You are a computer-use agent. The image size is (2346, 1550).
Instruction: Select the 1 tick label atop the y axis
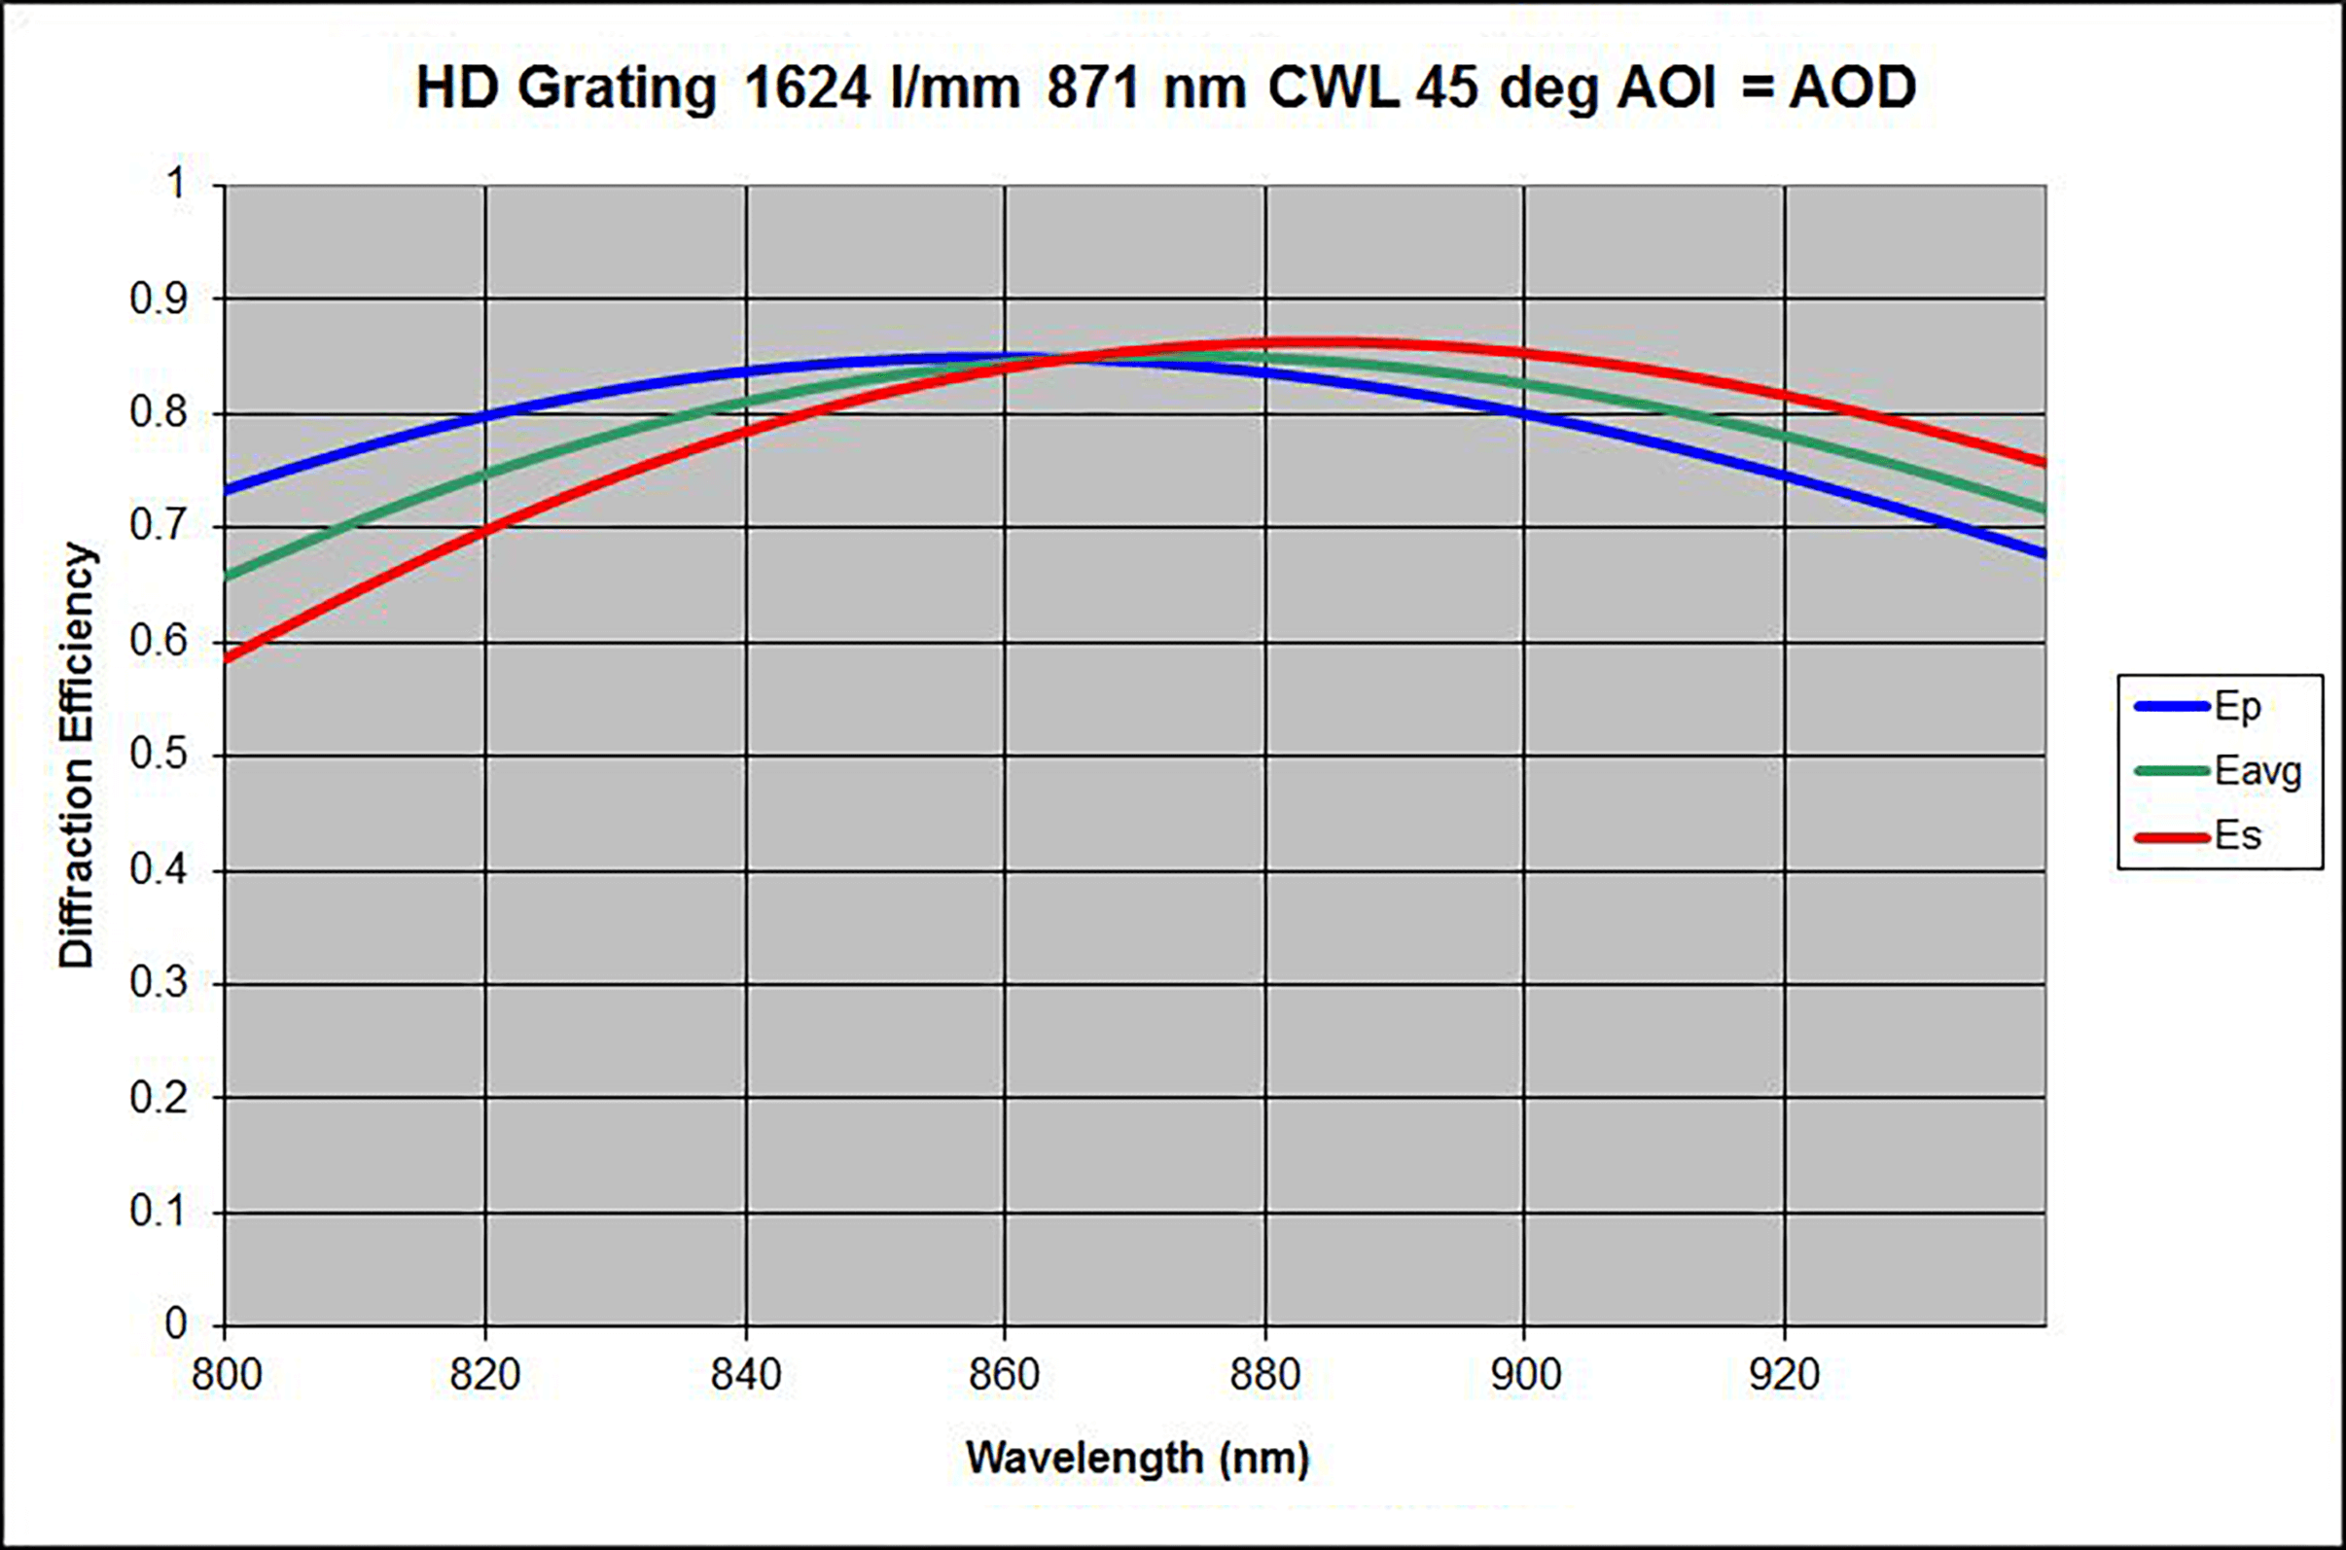[x=176, y=184]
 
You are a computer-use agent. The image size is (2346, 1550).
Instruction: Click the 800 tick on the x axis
[x=227, y=1375]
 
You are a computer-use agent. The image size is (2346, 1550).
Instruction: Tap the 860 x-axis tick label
[x=1005, y=1375]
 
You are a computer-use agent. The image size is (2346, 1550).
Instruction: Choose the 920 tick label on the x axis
[x=1785, y=1375]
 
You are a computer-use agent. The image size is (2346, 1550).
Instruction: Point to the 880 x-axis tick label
[x=1264, y=1375]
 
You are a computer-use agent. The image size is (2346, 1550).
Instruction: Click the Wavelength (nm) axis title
[x=1137, y=1458]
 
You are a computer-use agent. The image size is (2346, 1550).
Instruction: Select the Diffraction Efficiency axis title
[x=76, y=756]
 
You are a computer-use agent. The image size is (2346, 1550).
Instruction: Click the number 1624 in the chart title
[x=806, y=88]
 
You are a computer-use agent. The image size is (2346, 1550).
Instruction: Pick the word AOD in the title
[x=1853, y=88]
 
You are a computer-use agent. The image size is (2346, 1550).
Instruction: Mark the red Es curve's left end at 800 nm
[x=228, y=658]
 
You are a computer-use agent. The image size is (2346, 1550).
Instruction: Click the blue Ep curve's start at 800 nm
[x=228, y=489]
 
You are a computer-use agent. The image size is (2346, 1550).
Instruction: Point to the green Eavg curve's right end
[x=2043, y=511]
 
